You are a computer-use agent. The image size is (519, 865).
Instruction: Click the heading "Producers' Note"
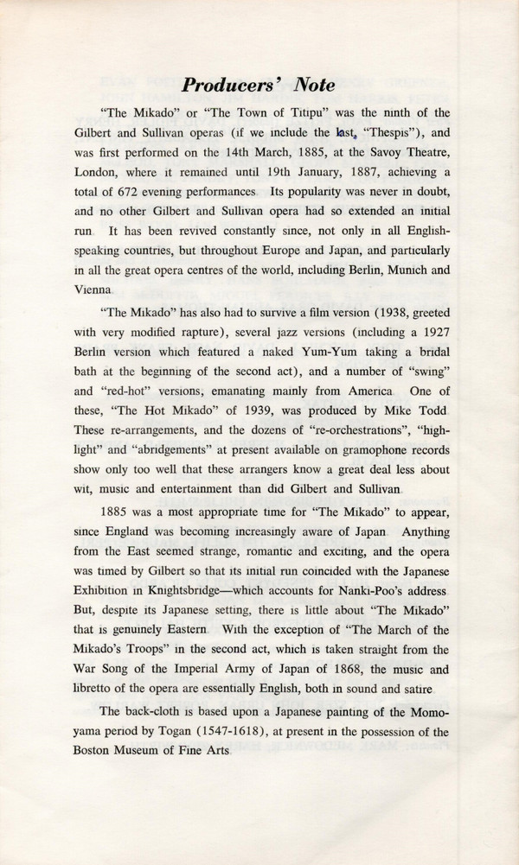click(259, 85)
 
